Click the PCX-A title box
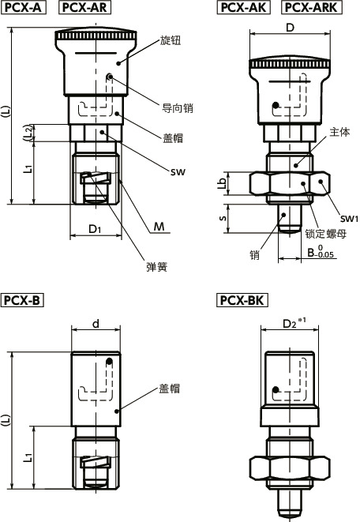coord(26,9)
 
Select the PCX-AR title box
coord(84,9)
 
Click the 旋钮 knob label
coord(171,41)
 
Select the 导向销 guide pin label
coord(178,108)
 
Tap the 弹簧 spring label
coord(157,267)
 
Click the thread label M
coord(160,227)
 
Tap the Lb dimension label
coord(222,182)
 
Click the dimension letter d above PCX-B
coord(96,322)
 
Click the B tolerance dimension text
coord(321,253)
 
